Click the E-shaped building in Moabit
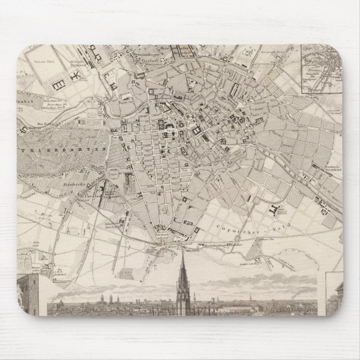(58, 83)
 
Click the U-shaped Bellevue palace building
(26, 129)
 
